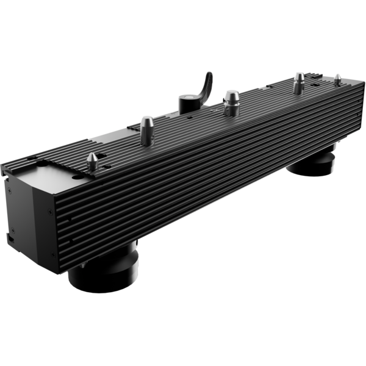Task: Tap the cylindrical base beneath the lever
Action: (187, 102)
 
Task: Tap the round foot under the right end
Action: (312, 163)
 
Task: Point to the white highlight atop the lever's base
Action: (185, 96)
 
